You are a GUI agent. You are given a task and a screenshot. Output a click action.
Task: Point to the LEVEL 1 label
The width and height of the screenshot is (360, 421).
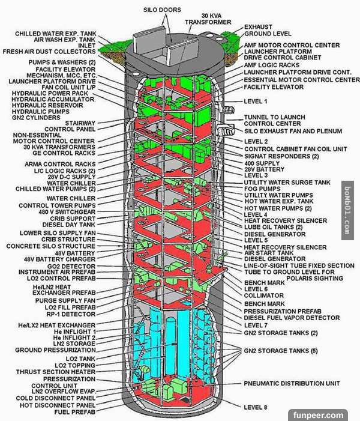(256, 101)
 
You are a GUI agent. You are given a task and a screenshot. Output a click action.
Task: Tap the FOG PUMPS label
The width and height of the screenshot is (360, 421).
(262, 189)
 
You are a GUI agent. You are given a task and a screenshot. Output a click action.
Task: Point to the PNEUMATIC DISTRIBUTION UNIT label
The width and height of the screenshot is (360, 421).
(292, 383)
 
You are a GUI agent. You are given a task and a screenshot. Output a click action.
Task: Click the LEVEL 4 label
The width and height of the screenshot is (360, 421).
(256, 214)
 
